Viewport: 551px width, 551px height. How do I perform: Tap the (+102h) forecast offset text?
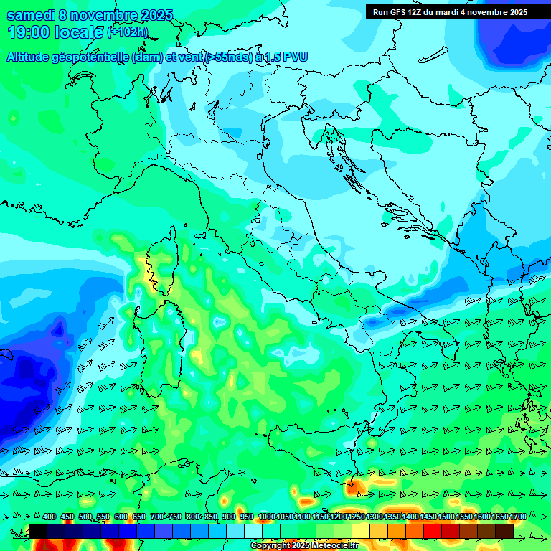pos(128,32)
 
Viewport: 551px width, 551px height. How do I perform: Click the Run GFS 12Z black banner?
pos(450,12)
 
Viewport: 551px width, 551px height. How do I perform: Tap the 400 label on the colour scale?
pos(50,517)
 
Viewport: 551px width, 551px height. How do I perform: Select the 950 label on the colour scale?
pos(246,517)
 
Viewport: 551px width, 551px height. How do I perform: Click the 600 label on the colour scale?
pos(121,517)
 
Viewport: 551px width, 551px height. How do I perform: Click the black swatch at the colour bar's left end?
pos(38,531)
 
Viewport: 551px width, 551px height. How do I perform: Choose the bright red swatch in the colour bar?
pos(433,531)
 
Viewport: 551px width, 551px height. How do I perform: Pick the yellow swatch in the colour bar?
pos(361,531)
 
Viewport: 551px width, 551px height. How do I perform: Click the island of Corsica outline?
pos(163,262)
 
